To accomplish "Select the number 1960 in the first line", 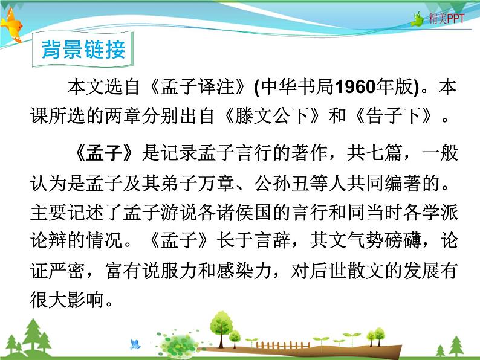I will pos(357,88).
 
